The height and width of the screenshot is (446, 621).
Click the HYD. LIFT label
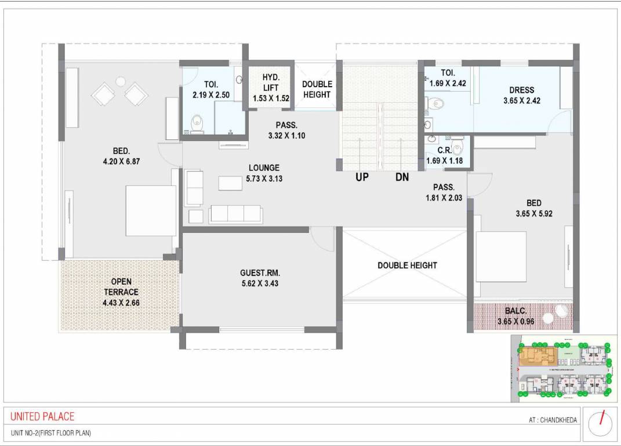271,83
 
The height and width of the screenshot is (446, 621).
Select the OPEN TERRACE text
121,287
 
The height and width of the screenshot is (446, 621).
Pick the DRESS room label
521,90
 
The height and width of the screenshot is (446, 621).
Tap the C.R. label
445,150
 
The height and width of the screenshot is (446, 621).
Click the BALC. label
516,311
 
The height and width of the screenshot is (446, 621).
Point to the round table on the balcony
560,311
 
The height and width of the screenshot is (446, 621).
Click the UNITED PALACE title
42,416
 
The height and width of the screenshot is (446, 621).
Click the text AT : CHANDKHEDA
553,420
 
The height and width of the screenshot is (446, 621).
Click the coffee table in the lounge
231,183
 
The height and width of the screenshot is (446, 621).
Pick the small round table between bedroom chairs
121,81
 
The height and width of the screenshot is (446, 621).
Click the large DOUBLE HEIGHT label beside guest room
407,265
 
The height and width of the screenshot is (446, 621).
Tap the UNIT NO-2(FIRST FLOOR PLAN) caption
51,433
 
